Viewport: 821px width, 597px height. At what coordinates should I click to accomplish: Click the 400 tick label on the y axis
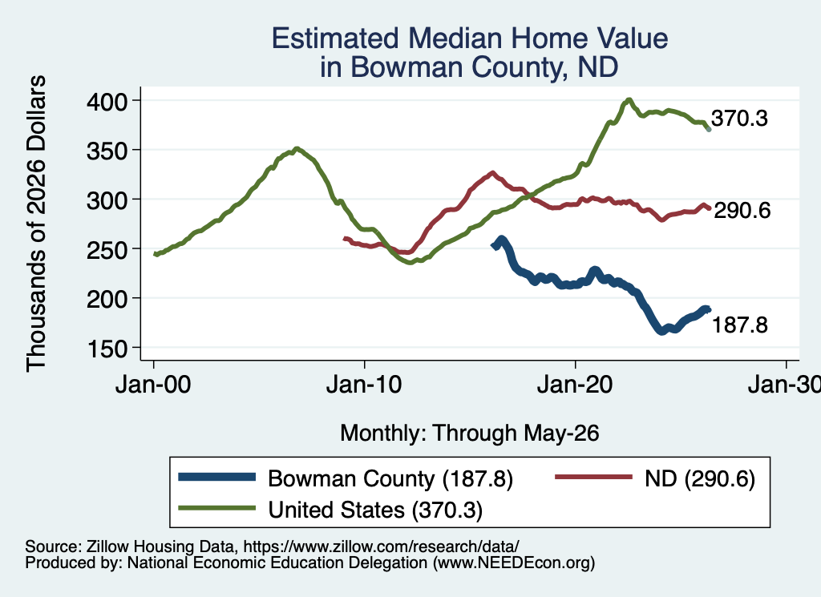coord(107,101)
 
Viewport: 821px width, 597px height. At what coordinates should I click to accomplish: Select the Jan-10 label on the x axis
coord(364,385)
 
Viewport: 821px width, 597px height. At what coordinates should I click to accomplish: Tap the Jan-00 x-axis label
coord(153,385)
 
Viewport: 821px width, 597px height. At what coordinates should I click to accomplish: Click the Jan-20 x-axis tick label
coord(575,385)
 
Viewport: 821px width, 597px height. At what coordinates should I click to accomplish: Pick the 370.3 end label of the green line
coord(739,119)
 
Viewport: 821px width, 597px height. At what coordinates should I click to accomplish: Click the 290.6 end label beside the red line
coord(742,210)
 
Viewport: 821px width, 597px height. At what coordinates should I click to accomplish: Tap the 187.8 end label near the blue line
coord(740,325)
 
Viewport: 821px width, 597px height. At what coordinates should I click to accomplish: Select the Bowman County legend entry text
coord(390,478)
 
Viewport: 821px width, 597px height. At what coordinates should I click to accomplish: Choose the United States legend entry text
coord(375,510)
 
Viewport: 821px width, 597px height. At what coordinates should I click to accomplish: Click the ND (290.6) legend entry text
coord(700,478)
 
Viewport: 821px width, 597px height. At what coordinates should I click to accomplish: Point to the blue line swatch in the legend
coord(216,477)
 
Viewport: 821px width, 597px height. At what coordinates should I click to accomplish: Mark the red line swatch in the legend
coord(594,477)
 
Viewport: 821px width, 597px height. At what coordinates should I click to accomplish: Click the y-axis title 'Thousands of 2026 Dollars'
coord(36,224)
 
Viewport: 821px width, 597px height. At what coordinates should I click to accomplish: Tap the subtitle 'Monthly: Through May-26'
coord(470,434)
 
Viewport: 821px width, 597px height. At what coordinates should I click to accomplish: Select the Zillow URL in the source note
coord(381,547)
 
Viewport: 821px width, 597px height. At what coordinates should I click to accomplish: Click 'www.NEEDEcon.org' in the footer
coord(514,563)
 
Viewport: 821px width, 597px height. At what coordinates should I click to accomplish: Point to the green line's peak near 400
coord(629,100)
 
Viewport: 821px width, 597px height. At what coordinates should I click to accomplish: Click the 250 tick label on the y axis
coord(107,249)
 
